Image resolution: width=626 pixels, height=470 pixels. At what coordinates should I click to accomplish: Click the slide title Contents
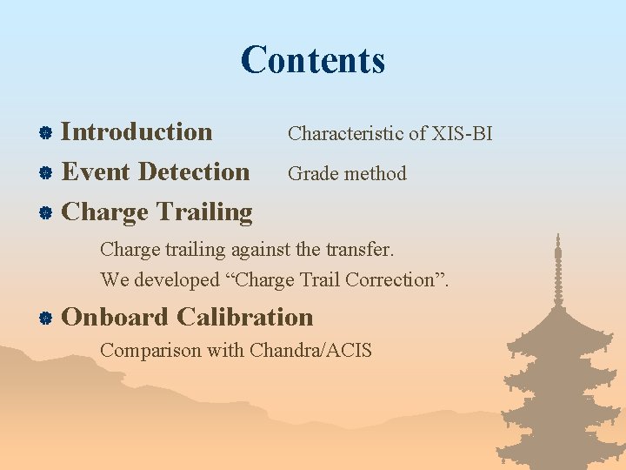pyautogui.click(x=313, y=61)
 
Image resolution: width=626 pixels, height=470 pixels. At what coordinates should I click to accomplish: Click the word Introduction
pyautogui.click(x=137, y=132)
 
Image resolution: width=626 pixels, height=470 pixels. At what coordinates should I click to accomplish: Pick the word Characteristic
pyautogui.click(x=345, y=134)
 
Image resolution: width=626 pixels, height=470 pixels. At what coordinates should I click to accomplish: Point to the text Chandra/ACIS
pyautogui.click(x=310, y=351)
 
